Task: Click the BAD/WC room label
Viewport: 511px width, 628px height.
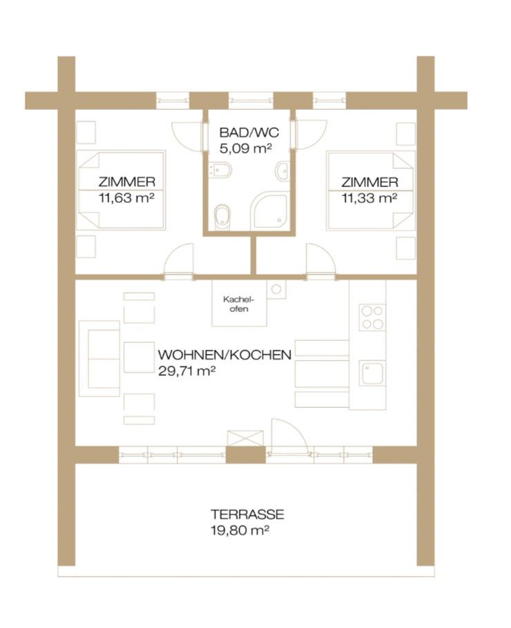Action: click(x=249, y=133)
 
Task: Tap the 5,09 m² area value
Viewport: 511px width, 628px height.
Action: click(x=246, y=148)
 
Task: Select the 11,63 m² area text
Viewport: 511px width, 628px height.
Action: click(x=126, y=198)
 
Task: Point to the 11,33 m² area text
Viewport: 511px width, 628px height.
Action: click(x=369, y=198)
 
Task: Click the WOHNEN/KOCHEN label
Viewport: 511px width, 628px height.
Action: click(x=224, y=355)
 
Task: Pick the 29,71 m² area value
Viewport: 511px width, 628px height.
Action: click(x=186, y=371)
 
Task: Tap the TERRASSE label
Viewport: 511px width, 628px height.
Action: click(x=247, y=514)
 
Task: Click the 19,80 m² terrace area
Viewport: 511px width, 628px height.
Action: click(x=239, y=531)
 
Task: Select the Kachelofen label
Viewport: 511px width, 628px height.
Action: click(x=239, y=304)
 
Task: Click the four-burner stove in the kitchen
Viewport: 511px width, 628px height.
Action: click(x=372, y=317)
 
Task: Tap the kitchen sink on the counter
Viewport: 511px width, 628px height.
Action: click(x=372, y=373)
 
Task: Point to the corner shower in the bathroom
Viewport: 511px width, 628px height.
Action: click(x=270, y=210)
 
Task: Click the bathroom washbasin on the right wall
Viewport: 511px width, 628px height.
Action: click(x=283, y=171)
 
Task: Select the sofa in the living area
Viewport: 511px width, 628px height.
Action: click(x=99, y=358)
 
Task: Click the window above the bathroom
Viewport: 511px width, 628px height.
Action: click(x=251, y=100)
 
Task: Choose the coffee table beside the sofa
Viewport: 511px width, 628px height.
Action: click(x=139, y=357)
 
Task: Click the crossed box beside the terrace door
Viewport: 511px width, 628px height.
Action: click(x=245, y=438)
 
